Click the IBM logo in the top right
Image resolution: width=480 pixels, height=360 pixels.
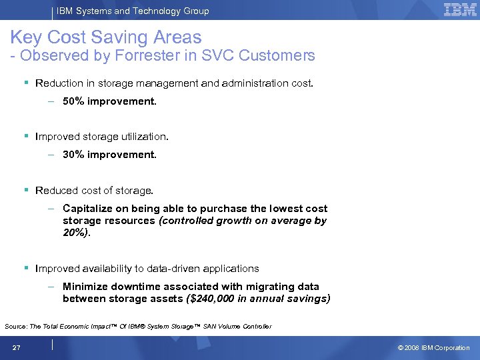460,10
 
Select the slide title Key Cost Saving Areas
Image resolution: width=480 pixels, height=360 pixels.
106,37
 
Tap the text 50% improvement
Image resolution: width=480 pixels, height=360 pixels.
109,102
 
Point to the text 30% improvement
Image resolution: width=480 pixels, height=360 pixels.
109,154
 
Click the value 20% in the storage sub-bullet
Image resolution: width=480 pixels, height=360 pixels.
75,233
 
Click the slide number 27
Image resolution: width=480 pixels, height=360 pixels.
16,347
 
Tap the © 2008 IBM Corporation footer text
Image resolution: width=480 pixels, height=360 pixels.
433,347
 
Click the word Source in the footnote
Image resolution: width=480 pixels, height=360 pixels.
16,326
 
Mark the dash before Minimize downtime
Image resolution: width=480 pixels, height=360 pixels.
51,286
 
